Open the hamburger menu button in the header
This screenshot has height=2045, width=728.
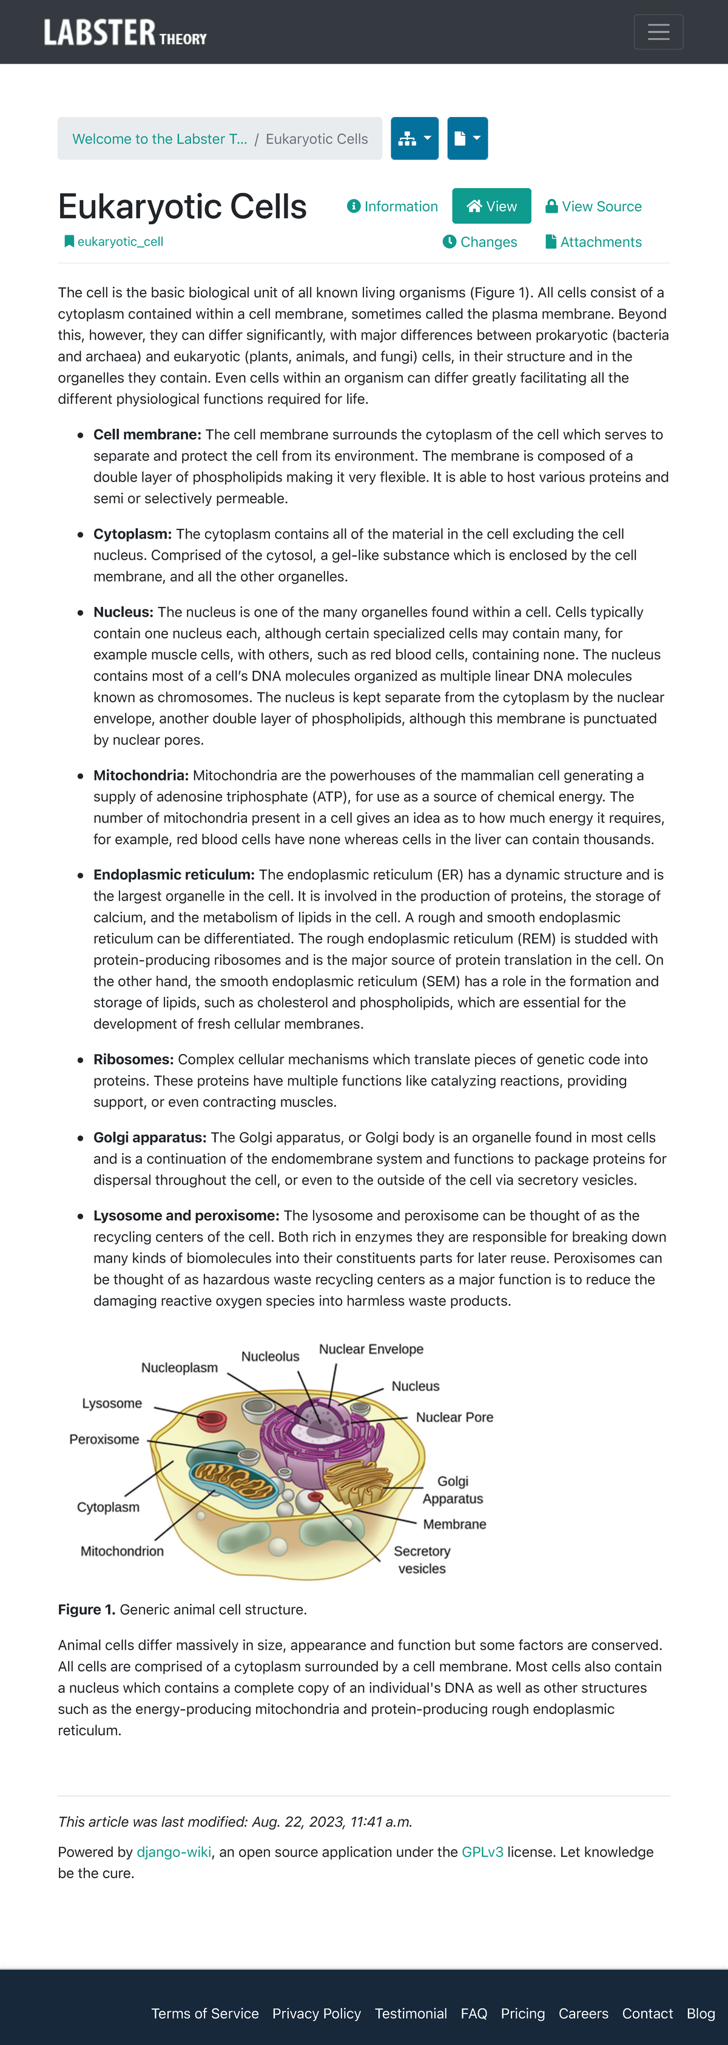click(x=658, y=32)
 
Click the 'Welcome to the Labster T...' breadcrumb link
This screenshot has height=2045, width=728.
click(x=160, y=139)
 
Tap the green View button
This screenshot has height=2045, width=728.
click(x=491, y=206)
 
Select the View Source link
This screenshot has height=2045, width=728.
click(x=593, y=206)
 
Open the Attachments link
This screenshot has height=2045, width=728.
click(x=593, y=242)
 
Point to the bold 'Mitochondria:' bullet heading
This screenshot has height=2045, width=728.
click(x=141, y=775)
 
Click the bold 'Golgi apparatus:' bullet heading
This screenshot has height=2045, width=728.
click(x=149, y=1138)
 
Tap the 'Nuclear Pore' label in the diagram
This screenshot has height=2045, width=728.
click(x=454, y=1417)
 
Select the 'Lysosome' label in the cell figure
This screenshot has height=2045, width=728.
click(x=112, y=1403)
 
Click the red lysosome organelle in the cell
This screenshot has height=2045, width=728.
click(x=212, y=1420)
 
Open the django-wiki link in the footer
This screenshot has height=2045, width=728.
click(x=174, y=1852)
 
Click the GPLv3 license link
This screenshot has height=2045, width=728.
click(x=482, y=1852)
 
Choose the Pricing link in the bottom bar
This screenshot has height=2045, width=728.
click(x=522, y=2013)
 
